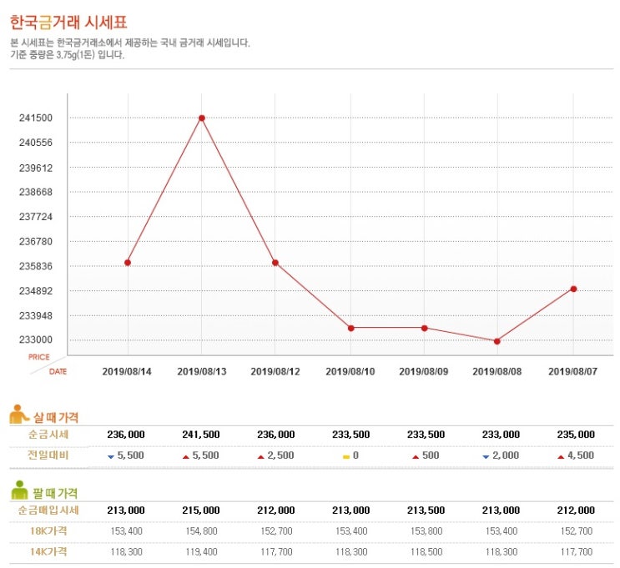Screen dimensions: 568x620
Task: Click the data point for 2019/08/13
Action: coord(202,118)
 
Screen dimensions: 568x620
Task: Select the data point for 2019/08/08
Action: coord(497,341)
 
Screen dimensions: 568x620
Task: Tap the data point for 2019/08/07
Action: coord(573,289)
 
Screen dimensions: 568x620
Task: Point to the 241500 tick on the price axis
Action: coord(36,118)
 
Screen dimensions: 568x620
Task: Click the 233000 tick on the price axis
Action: coord(36,340)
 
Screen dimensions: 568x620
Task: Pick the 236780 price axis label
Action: coord(36,242)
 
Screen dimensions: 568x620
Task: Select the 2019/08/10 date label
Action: coord(350,370)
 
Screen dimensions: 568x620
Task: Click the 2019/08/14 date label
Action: coord(127,370)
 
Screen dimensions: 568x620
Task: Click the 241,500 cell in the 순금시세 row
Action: coord(200,435)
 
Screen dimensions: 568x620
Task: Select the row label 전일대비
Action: coord(48,455)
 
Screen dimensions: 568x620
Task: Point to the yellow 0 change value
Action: coord(350,456)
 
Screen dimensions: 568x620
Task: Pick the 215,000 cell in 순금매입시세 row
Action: coord(200,510)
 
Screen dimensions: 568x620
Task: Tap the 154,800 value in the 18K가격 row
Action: coord(200,530)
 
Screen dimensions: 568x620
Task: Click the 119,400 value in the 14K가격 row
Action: coord(200,551)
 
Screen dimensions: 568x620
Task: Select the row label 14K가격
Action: coord(48,551)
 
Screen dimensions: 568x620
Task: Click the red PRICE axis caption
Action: coord(39,357)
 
